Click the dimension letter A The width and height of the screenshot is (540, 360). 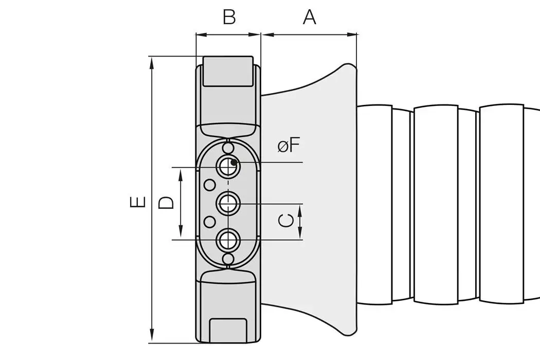click(309, 17)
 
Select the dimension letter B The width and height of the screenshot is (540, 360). click(229, 17)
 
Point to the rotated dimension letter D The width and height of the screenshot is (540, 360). click(166, 202)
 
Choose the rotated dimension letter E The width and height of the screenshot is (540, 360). click(138, 202)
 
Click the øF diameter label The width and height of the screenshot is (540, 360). click(289, 146)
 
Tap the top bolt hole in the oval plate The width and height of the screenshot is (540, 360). click(227, 166)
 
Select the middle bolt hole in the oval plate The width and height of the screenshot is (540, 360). click(227, 204)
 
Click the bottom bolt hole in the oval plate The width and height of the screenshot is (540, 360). click(227, 240)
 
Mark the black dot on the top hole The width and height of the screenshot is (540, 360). click(233, 163)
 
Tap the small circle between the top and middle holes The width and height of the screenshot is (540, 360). click(209, 184)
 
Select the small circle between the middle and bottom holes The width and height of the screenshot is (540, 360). click(209, 222)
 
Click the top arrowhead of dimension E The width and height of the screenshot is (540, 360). click(152, 61)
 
